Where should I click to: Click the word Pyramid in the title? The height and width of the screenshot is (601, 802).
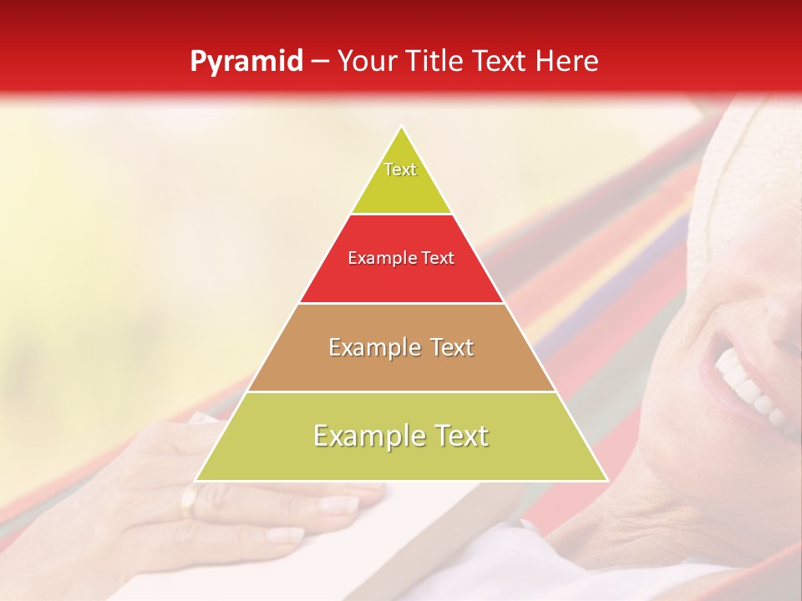pyautogui.click(x=246, y=62)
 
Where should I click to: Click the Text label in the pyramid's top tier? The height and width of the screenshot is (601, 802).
pyautogui.click(x=400, y=169)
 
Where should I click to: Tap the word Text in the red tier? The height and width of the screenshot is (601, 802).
pyautogui.click(x=439, y=259)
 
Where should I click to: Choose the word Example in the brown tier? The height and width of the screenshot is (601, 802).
pyautogui.click(x=372, y=347)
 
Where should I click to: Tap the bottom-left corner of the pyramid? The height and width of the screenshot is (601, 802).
pyautogui.click(x=195, y=481)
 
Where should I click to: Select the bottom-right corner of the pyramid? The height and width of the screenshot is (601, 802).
pyautogui.click(x=607, y=481)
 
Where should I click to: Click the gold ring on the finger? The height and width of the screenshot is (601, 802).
pyautogui.click(x=190, y=501)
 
